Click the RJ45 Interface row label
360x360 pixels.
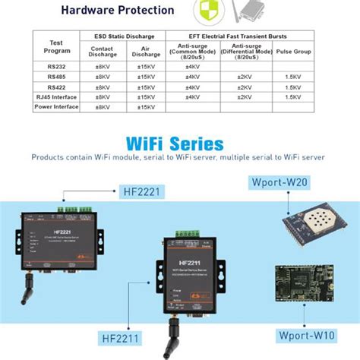point(55,97)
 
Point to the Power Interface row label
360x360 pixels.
point(55,107)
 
